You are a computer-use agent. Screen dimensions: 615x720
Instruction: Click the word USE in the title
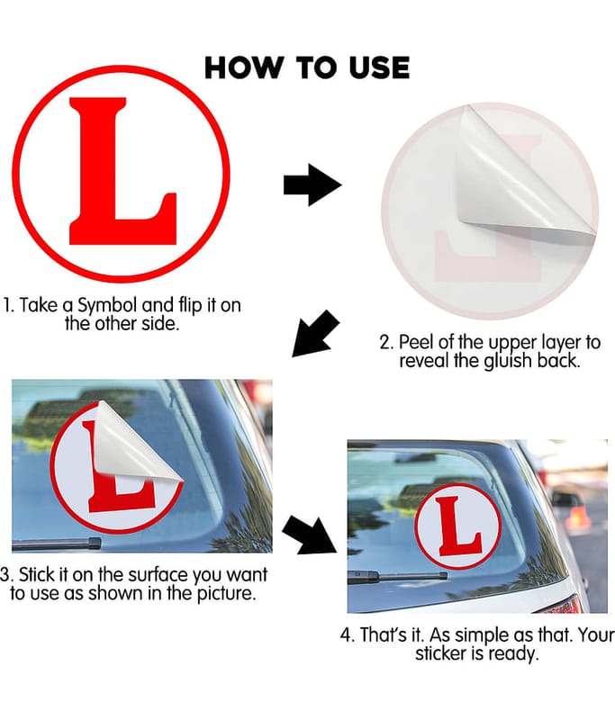point(379,67)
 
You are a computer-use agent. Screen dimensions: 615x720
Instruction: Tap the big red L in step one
point(122,171)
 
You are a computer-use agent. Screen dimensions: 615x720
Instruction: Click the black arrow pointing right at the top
point(312,184)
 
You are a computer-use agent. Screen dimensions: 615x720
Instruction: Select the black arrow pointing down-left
point(315,334)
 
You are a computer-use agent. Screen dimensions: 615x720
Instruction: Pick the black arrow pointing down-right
point(309,535)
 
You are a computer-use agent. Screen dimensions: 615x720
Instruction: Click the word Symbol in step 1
point(107,305)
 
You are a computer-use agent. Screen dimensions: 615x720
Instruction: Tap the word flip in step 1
point(189,305)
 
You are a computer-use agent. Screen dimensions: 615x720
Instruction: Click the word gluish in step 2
point(508,362)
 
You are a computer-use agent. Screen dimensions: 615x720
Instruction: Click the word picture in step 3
point(226,593)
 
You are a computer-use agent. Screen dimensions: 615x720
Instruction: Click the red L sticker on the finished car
point(458,526)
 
